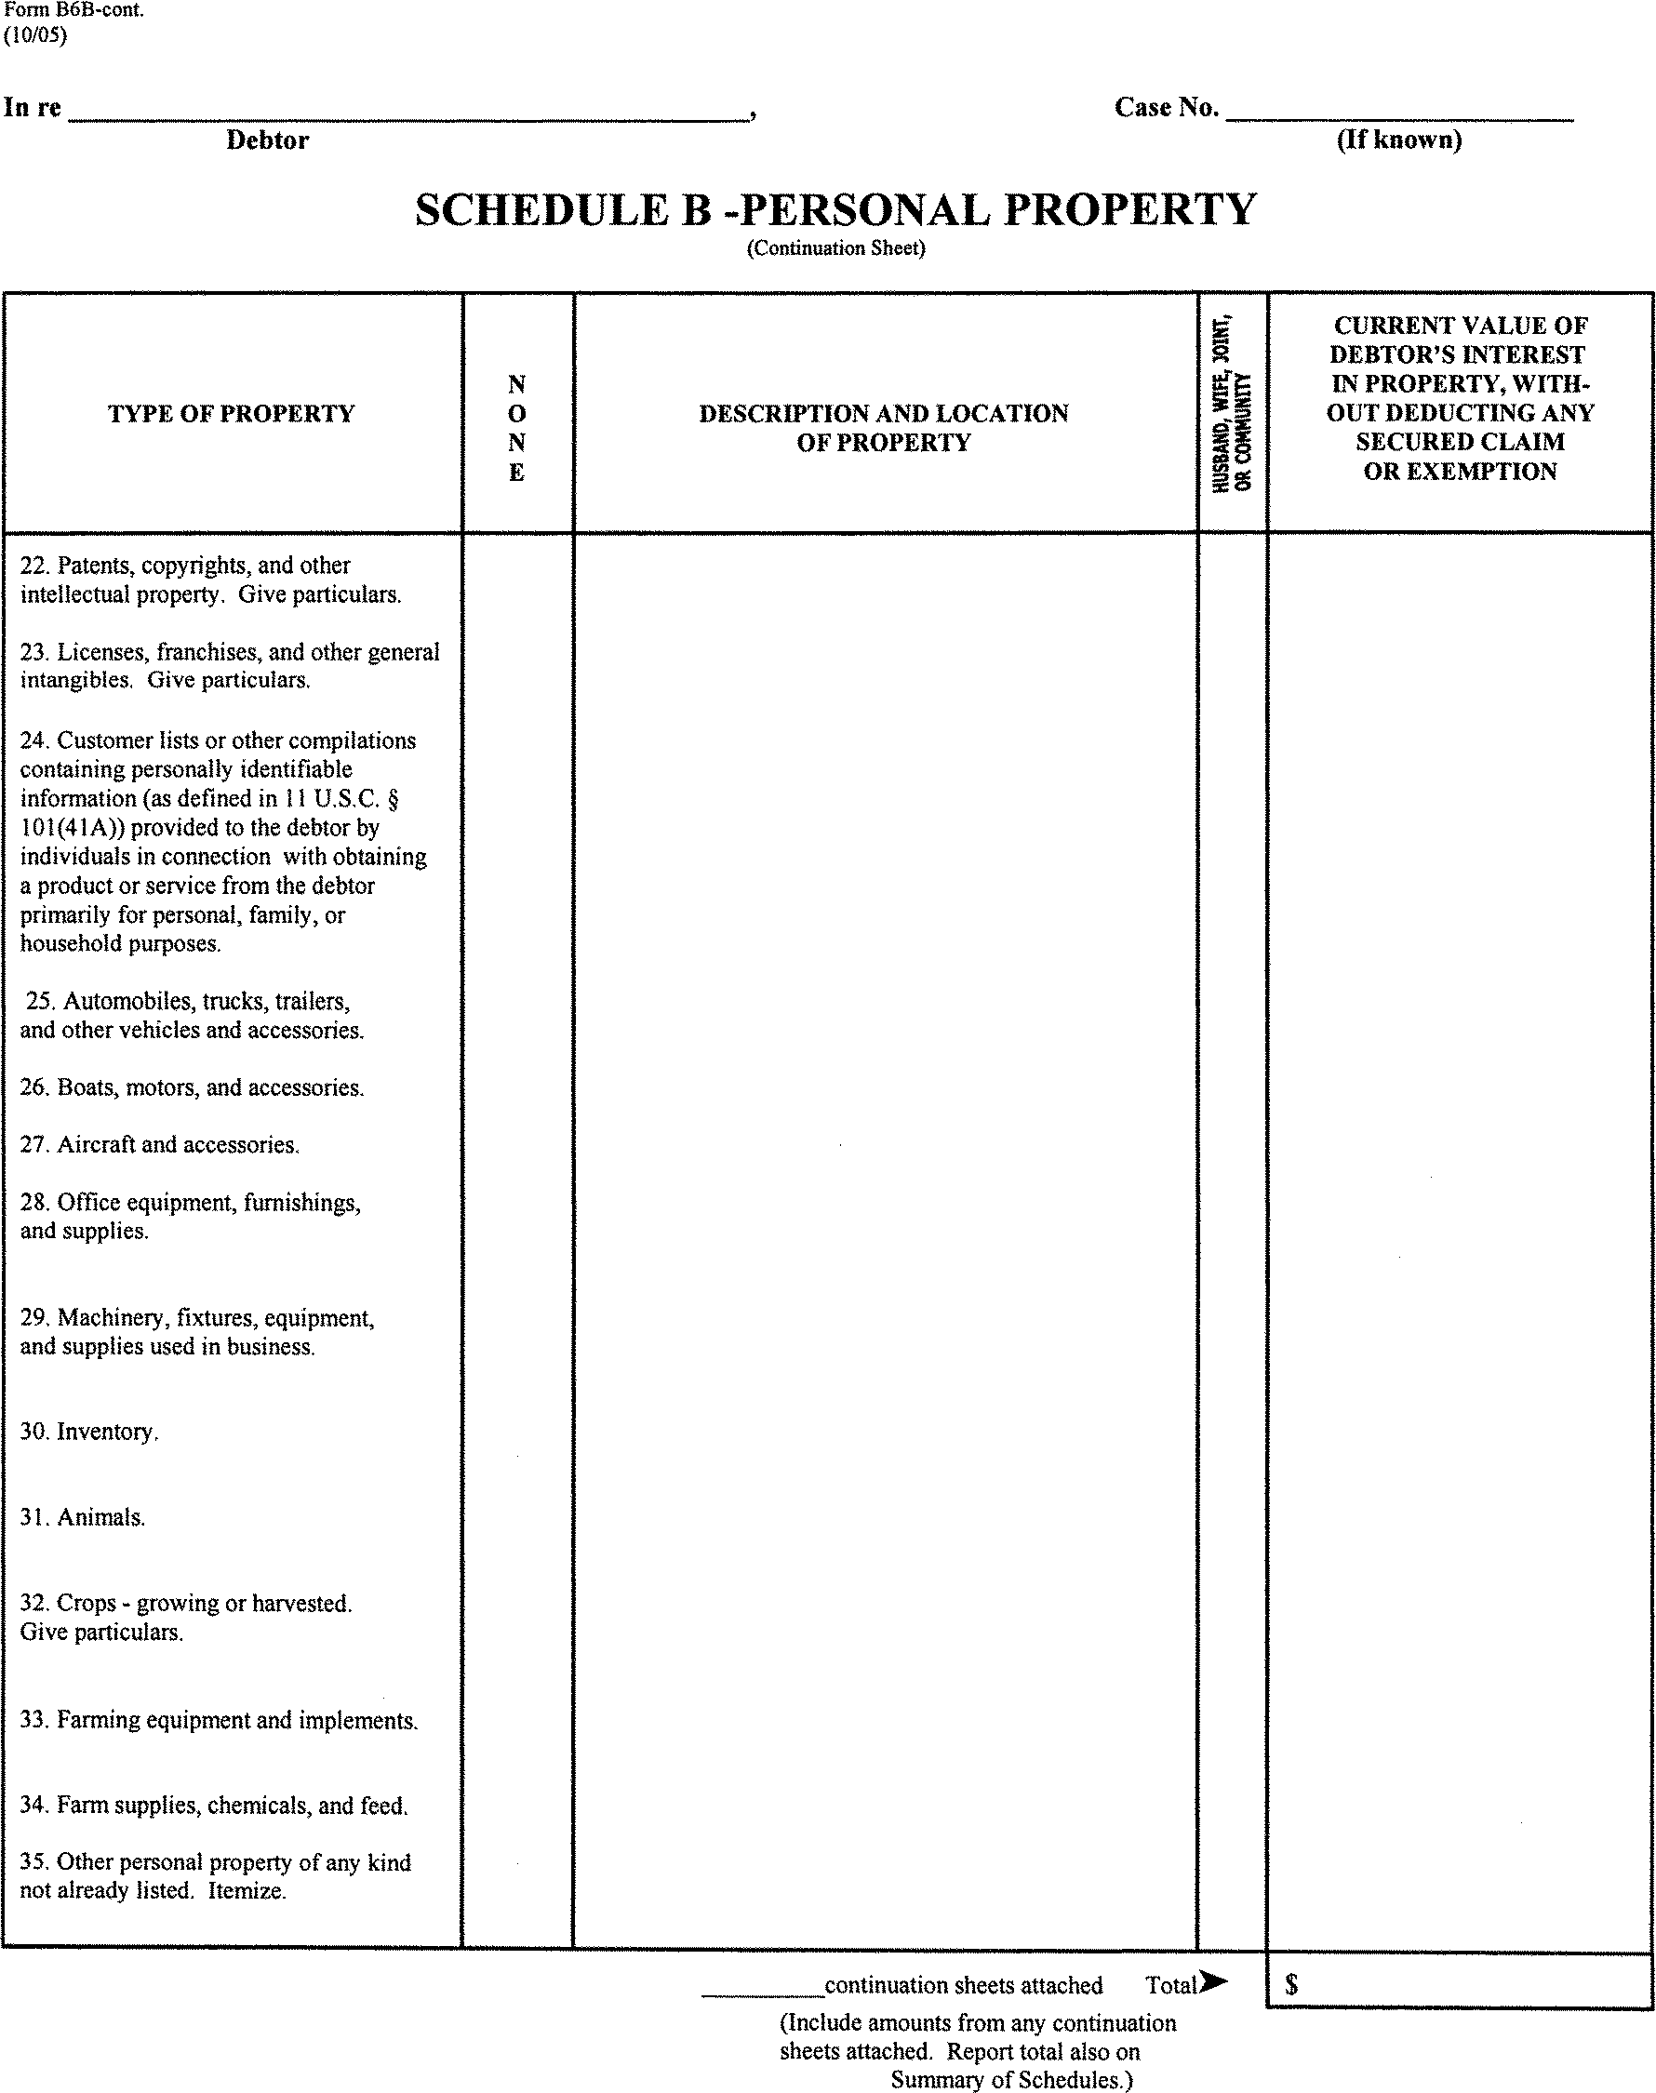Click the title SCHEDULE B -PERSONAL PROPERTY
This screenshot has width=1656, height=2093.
click(835, 209)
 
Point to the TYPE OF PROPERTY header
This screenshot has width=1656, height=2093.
click(231, 414)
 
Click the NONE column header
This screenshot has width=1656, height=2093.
click(516, 428)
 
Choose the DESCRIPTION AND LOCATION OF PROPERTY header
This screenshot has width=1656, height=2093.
click(883, 428)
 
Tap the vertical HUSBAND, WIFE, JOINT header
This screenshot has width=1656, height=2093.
click(1232, 406)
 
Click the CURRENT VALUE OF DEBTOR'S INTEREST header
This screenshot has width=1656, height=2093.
click(1459, 398)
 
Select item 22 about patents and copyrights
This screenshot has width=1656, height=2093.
click(210, 580)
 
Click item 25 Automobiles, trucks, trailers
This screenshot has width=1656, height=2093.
click(192, 1015)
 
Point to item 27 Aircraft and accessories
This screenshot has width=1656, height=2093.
click(160, 1145)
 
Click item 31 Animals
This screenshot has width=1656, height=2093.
click(84, 1517)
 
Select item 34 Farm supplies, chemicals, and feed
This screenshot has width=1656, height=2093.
click(214, 1805)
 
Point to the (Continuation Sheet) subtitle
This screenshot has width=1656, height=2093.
click(835, 248)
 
